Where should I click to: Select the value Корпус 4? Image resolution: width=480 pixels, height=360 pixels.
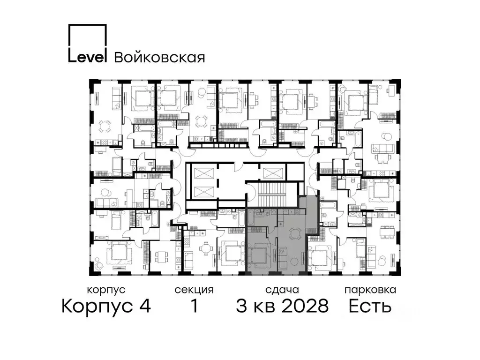click(106, 307)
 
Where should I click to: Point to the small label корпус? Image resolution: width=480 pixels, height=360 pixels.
click(106, 290)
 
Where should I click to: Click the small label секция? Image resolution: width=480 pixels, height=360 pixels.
click(194, 290)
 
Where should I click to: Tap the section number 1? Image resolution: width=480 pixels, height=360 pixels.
click(194, 307)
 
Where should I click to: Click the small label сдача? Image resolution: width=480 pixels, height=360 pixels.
click(281, 290)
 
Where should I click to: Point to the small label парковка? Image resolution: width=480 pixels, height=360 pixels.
click(370, 290)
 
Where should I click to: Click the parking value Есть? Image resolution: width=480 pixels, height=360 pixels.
click(370, 307)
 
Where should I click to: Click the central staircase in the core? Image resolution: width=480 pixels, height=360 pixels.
click(272, 195)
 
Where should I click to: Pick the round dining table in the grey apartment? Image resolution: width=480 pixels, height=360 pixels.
click(294, 233)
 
